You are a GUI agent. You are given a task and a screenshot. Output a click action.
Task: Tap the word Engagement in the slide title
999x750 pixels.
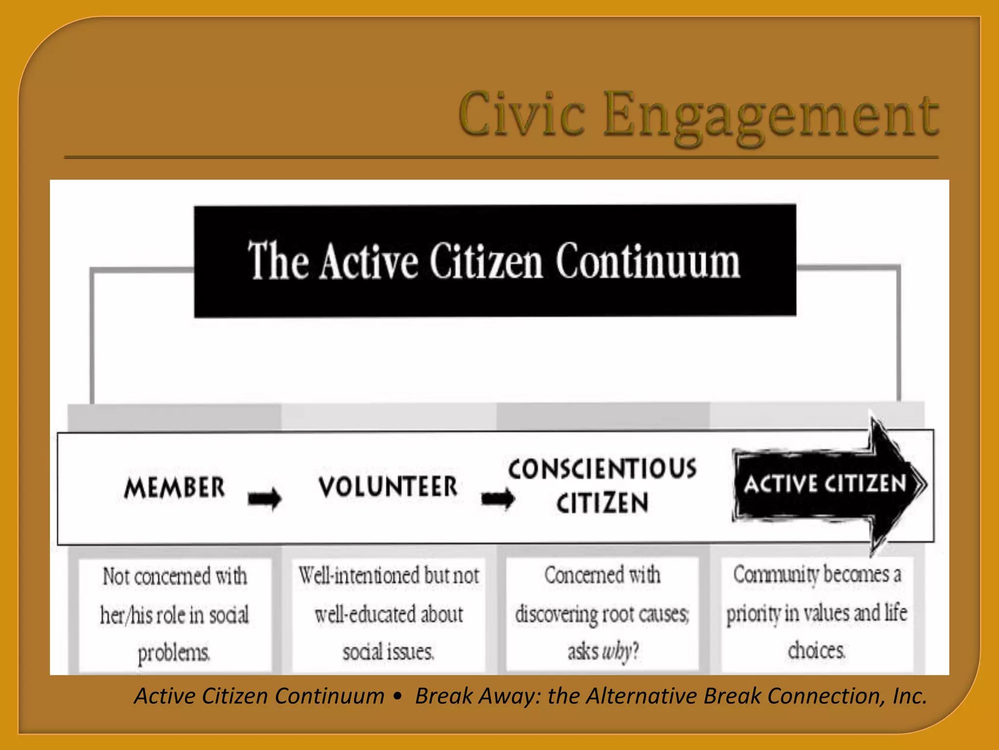pyautogui.click(x=771, y=117)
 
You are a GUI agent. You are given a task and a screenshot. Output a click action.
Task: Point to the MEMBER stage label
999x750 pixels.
pyautogui.click(x=175, y=487)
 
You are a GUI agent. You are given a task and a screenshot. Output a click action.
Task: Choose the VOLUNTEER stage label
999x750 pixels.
pyautogui.click(x=388, y=487)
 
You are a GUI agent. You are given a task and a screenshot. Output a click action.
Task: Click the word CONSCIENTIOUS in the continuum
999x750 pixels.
pyautogui.click(x=602, y=469)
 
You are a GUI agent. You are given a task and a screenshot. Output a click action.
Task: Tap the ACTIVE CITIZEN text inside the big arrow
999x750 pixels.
pyautogui.click(x=824, y=484)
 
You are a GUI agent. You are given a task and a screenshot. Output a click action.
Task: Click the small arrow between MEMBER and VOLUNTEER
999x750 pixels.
pyautogui.click(x=264, y=499)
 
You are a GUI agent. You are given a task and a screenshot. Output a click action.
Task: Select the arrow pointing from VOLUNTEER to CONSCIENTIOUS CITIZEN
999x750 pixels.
pyautogui.click(x=498, y=499)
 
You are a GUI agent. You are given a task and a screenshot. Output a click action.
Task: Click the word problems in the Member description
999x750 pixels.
pyautogui.click(x=174, y=653)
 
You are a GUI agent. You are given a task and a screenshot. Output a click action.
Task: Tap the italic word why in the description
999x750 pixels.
pyautogui.click(x=617, y=651)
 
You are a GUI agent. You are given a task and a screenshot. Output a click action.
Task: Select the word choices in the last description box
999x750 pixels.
pyautogui.click(x=816, y=650)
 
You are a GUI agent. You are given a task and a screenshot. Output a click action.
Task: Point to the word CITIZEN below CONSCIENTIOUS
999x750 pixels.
pyautogui.click(x=602, y=503)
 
